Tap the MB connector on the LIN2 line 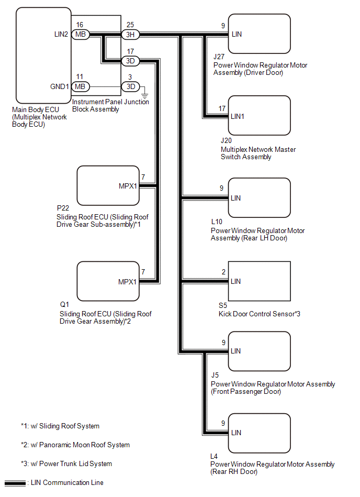(x=80, y=35)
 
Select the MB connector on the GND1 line (x=80, y=86)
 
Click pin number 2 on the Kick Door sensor (x=223, y=272)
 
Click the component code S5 (x=222, y=306)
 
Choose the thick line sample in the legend (x=15, y=483)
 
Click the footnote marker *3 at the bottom (x=25, y=463)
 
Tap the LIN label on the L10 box (x=236, y=198)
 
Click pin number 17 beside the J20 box (x=222, y=108)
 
